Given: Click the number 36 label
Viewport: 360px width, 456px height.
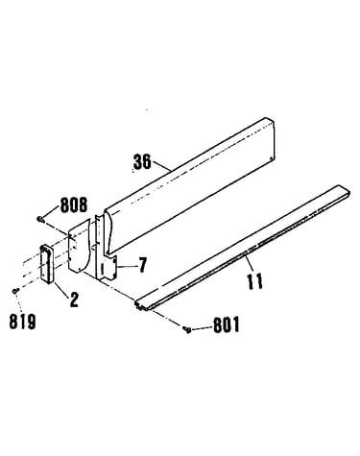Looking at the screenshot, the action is coord(142,161).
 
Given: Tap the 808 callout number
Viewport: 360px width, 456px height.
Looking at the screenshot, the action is coord(74,204).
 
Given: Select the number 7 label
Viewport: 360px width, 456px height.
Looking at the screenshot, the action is coord(142,265).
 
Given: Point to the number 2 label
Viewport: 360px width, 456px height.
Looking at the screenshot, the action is coord(74,300).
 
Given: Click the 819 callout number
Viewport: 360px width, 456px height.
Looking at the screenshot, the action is coord(22,322).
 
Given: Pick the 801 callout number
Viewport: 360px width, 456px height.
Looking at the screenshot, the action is coord(227,325).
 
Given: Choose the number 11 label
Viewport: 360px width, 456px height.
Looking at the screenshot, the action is coord(255,281).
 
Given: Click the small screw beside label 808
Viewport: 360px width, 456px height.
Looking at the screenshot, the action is coord(40,219).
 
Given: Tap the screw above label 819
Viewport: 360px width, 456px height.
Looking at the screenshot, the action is coord(15,290).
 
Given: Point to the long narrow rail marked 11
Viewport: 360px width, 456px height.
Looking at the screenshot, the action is coord(242,248).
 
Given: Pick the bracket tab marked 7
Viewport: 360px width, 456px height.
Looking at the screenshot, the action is coord(107,256).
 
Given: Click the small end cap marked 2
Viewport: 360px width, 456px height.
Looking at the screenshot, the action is coord(48,264).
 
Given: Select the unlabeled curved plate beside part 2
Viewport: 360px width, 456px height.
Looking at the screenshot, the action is coord(78,246).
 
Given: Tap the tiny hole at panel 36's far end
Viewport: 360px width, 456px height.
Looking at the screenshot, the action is coord(272,157).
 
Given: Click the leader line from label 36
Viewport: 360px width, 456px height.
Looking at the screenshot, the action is coord(162,166).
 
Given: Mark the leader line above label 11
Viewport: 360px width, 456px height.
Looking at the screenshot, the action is coord(249,263).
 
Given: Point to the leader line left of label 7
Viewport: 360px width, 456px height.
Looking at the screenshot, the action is coord(127,267).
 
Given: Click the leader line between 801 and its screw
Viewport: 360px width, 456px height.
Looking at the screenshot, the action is coord(202,328).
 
